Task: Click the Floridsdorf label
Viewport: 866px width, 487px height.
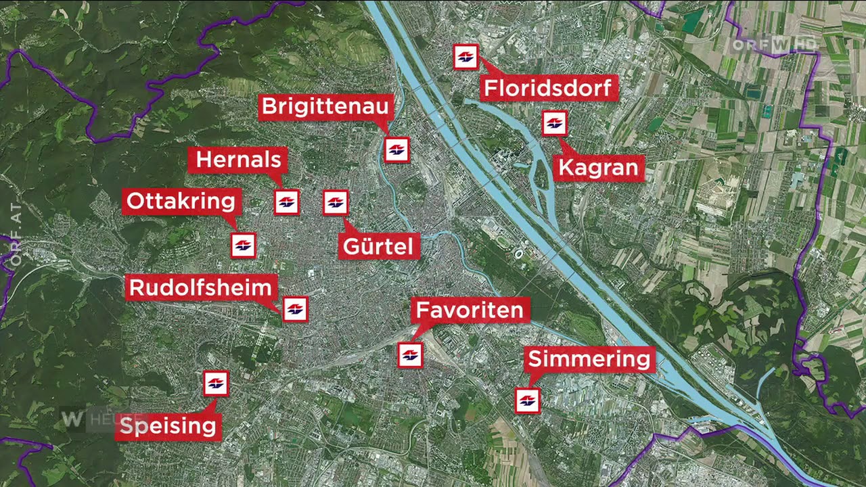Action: [549, 88]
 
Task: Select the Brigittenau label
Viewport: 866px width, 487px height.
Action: [325, 107]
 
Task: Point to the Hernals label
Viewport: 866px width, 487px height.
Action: [238, 160]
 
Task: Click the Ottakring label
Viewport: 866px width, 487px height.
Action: [181, 202]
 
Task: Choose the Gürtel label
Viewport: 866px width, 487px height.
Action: [378, 246]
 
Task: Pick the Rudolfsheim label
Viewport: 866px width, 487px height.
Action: [200, 288]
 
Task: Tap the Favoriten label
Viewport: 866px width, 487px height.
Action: [470, 310]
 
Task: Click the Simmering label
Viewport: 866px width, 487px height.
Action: [589, 358]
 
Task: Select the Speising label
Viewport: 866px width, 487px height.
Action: [168, 426]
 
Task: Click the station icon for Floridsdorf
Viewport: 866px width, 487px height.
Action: [465, 57]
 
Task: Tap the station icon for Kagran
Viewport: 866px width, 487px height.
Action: [554, 124]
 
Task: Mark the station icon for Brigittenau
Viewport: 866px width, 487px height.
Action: [397, 149]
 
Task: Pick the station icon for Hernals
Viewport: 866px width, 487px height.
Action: [287, 202]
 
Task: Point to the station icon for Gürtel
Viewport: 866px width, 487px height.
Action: [336, 202]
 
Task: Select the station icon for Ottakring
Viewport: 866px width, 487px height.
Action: [244, 246]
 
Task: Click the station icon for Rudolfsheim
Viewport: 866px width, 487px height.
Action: [295, 309]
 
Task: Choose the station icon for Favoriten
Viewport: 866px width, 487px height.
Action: [410, 354]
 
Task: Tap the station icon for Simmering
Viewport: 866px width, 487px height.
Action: [527, 400]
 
